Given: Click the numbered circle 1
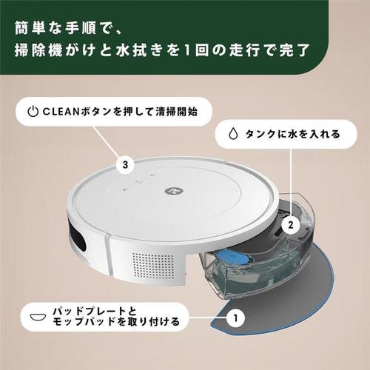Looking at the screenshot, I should click(235, 320).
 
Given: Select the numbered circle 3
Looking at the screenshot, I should click(127, 164).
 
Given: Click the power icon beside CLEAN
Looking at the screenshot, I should click(32, 113).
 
